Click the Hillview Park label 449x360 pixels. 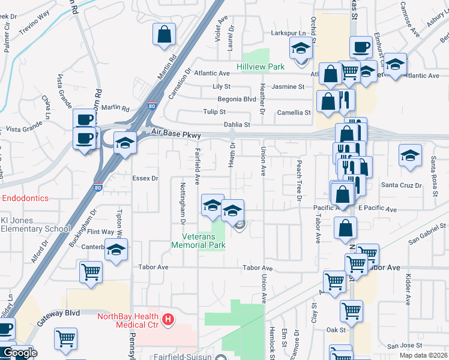tap(260, 67)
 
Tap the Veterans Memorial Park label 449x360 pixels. tap(198, 241)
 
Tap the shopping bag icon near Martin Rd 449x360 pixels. tap(164, 35)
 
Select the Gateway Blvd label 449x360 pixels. tap(59, 313)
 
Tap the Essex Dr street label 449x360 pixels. tap(145, 178)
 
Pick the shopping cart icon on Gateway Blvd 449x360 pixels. tap(65, 338)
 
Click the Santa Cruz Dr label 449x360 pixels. tap(402, 185)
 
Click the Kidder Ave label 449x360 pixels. tap(408, 288)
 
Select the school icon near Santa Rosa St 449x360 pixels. tap(410, 156)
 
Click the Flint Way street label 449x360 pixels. tap(101, 232)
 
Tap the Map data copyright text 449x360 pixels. tap(423, 355)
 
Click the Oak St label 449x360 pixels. tap(336, 330)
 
